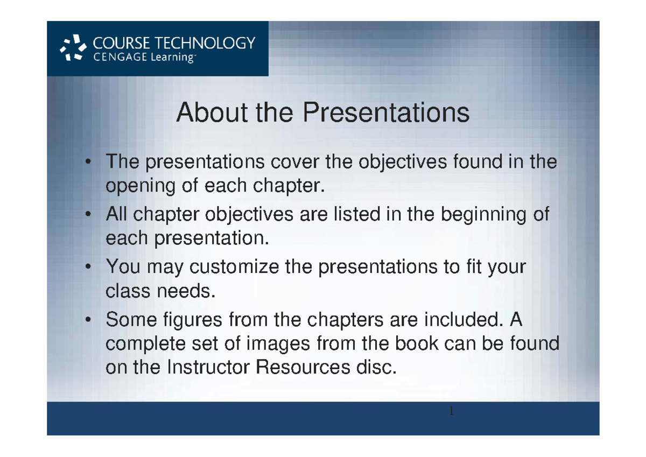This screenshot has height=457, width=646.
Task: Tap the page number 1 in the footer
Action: [x=451, y=412]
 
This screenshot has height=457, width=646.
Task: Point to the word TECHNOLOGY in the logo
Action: [x=208, y=43]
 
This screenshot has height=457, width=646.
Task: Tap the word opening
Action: [x=138, y=187]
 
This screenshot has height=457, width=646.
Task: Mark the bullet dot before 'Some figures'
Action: [x=87, y=320]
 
